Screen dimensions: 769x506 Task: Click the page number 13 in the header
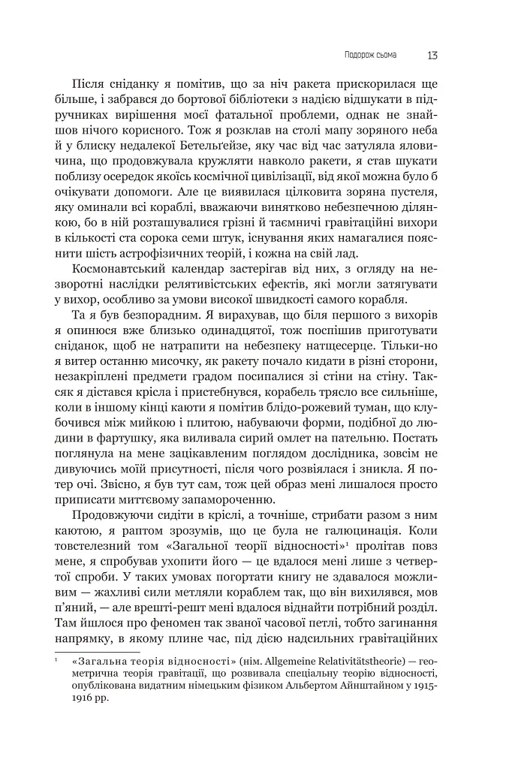(x=433, y=55)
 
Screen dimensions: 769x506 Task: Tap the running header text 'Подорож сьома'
(x=370, y=55)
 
